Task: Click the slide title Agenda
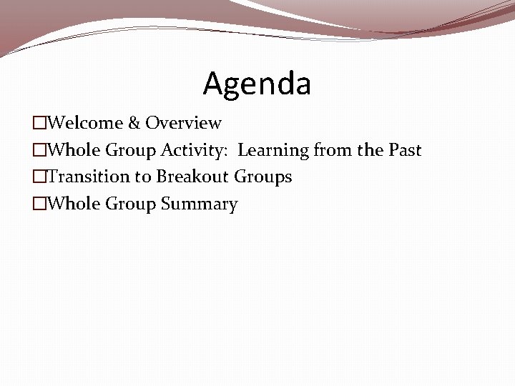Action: coord(257,84)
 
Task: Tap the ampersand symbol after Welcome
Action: coord(134,123)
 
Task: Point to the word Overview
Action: coord(183,123)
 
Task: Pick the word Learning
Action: coord(274,150)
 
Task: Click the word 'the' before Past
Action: coord(371,150)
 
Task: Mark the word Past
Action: coord(405,150)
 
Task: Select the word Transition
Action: coord(89,177)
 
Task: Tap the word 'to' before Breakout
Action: coord(143,177)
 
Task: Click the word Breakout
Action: coord(192,177)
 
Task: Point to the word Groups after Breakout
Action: coord(263,177)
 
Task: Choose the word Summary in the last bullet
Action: coord(199,204)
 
